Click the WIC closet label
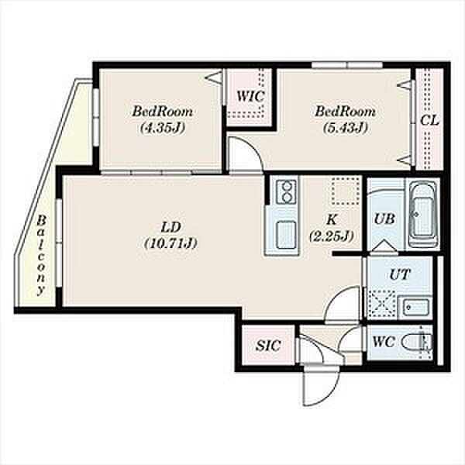pyautogui.click(x=250, y=96)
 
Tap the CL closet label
pyautogui.click(x=429, y=120)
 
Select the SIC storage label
pyautogui.click(x=268, y=345)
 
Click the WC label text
pyautogui.click(x=384, y=343)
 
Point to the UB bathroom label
pyautogui.click(x=384, y=219)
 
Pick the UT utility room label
pyautogui.click(x=399, y=274)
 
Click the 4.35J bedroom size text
pyautogui.click(x=163, y=128)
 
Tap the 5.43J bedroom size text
pyautogui.click(x=345, y=128)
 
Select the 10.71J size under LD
pyautogui.click(x=170, y=243)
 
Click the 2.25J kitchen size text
pyautogui.click(x=331, y=236)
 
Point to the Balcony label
pyautogui.click(x=42, y=255)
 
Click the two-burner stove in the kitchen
pyautogui.click(x=287, y=192)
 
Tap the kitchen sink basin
pyautogui.click(x=286, y=235)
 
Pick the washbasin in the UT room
pyautogui.click(x=414, y=307)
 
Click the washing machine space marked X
pyautogui.click(x=381, y=305)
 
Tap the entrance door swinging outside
pyautogui.click(x=321, y=386)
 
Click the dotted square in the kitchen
pyautogui.click(x=346, y=191)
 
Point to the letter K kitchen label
pyautogui.click(x=332, y=220)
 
